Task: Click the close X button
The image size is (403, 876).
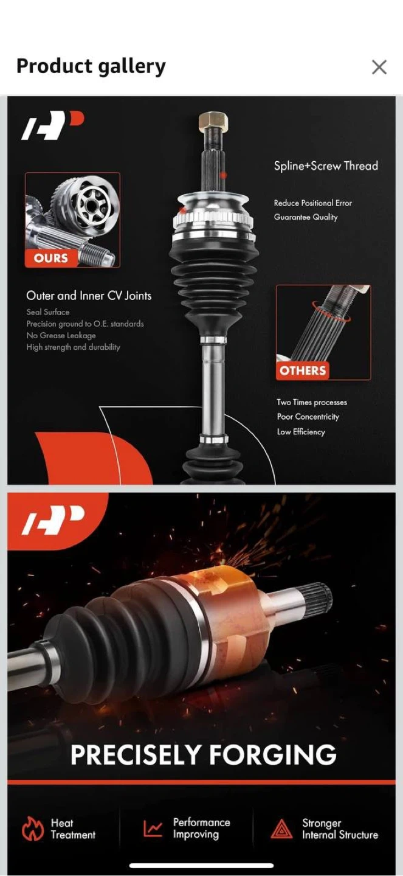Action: pos(379,67)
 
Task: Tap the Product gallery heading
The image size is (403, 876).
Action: pos(91,66)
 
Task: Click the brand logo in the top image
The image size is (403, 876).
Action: pos(53,125)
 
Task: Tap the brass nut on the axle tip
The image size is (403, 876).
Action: pos(213,120)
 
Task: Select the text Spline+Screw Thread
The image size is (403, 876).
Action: pos(326,166)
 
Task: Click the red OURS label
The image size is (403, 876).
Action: pos(51,258)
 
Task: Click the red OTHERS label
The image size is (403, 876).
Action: pos(303,370)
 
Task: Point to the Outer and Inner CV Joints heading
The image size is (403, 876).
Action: pos(89,296)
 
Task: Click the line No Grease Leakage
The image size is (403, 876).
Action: pos(61,336)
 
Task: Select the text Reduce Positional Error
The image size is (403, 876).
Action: pos(312,203)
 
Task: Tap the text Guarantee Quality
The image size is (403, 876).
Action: pos(306,217)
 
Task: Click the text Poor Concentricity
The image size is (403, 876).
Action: pos(308,417)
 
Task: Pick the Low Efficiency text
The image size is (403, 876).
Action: pos(301,432)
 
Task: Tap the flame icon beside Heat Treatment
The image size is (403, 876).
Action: pos(32,828)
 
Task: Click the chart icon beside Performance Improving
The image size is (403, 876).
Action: pos(153,827)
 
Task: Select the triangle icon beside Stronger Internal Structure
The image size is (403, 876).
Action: pos(281,829)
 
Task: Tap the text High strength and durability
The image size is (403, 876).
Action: pos(73,347)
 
